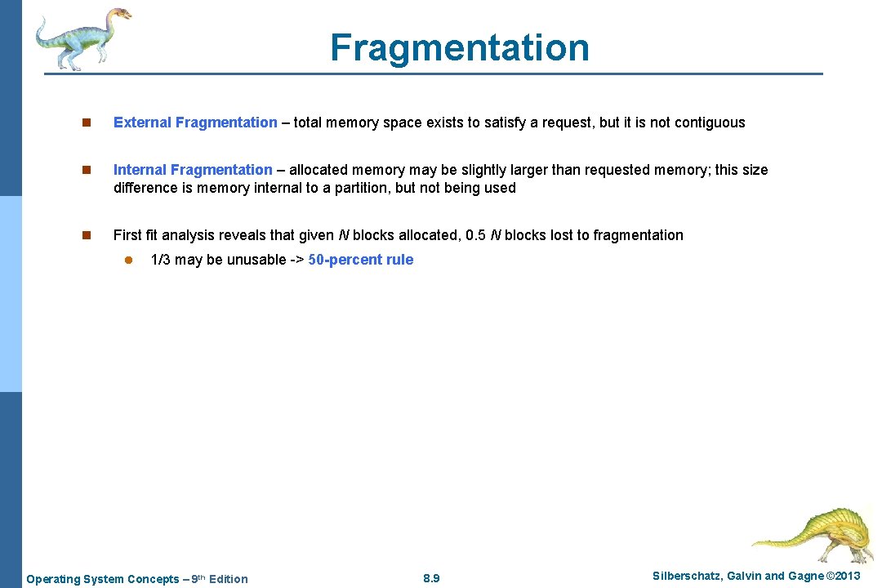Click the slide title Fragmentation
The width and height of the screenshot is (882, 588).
[459, 47]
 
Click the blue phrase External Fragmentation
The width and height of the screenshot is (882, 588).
[195, 122]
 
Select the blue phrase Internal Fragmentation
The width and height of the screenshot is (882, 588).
[193, 170]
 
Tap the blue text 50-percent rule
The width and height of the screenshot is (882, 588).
[361, 260]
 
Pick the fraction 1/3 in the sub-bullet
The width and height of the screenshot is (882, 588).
[161, 260]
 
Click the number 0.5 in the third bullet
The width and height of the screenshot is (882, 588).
[475, 235]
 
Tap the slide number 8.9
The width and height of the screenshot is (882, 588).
[432, 579]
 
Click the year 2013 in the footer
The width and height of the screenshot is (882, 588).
[845, 577]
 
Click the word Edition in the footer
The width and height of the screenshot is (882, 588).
[229, 579]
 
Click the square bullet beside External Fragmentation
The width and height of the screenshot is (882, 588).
[85, 123]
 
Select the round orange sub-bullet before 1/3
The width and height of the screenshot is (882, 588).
[127, 261]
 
